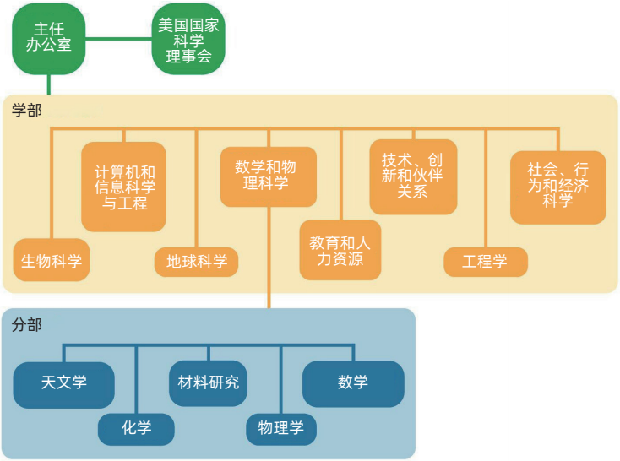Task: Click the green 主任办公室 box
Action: [48, 38]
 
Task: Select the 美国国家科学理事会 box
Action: [188, 38]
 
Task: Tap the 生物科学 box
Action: [52, 260]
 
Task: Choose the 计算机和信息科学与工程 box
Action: [123, 186]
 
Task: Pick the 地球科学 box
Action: [197, 261]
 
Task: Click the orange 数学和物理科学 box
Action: [269, 176]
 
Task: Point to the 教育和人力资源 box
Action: [340, 250]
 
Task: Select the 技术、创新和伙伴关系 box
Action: [412, 176]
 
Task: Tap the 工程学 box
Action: [486, 261]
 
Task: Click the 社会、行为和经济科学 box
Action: [557, 187]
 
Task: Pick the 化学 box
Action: [136, 428]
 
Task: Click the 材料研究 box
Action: [209, 382]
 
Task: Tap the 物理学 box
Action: [281, 428]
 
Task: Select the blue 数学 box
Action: [353, 382]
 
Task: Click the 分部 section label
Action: [27, 324]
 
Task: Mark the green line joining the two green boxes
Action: [118, 38]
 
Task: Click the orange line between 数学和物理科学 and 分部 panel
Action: [269, 253]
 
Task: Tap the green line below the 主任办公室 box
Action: [48, 84]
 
